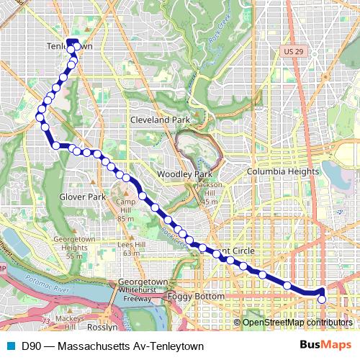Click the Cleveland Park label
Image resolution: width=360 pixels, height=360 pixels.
point(159,120)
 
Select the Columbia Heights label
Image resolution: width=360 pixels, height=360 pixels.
point(282,172)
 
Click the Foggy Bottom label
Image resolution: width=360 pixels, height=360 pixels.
point(186,296)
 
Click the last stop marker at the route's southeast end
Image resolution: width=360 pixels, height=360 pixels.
point(322,300)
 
